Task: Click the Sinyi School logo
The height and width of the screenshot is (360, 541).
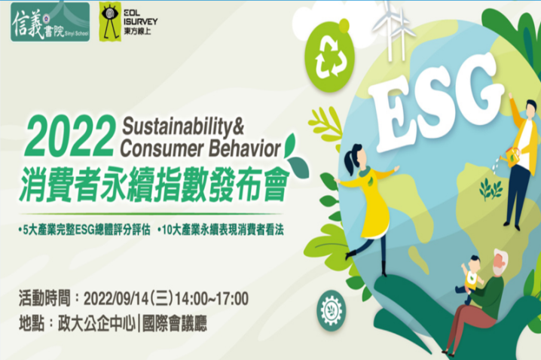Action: [50, 22]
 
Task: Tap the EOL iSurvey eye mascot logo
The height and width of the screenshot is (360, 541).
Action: [111, 22]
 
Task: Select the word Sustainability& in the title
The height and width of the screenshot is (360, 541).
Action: [183, 126]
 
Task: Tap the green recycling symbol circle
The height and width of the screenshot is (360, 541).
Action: [330, 57]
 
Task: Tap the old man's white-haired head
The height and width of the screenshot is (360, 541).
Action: [500, 262]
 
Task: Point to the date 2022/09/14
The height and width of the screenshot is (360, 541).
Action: [115, 299]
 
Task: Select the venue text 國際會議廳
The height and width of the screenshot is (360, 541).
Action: [175, 323]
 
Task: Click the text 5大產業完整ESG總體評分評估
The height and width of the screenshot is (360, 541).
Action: [85, 230]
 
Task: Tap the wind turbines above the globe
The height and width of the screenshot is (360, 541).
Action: [393, 32]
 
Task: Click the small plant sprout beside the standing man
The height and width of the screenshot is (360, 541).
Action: [491, 188]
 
